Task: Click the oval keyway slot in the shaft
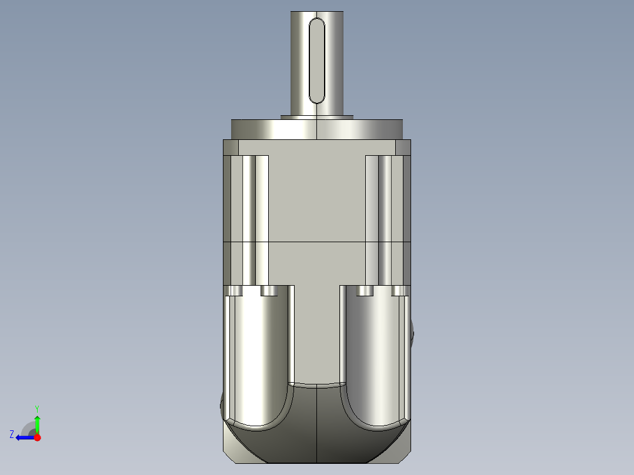(317, 61)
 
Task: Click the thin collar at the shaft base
(317, 117)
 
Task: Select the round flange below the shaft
(317, 129)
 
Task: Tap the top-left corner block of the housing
(231, 147)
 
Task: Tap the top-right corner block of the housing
(403, 147)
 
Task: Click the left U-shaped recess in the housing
(259, 359)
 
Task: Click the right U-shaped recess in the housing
(375, 359)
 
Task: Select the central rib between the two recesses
(317, 335)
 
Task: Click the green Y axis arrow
(37, 422)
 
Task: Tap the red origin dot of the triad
(37, 437)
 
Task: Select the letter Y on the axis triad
(36, 408)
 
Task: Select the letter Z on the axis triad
(12, 434)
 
